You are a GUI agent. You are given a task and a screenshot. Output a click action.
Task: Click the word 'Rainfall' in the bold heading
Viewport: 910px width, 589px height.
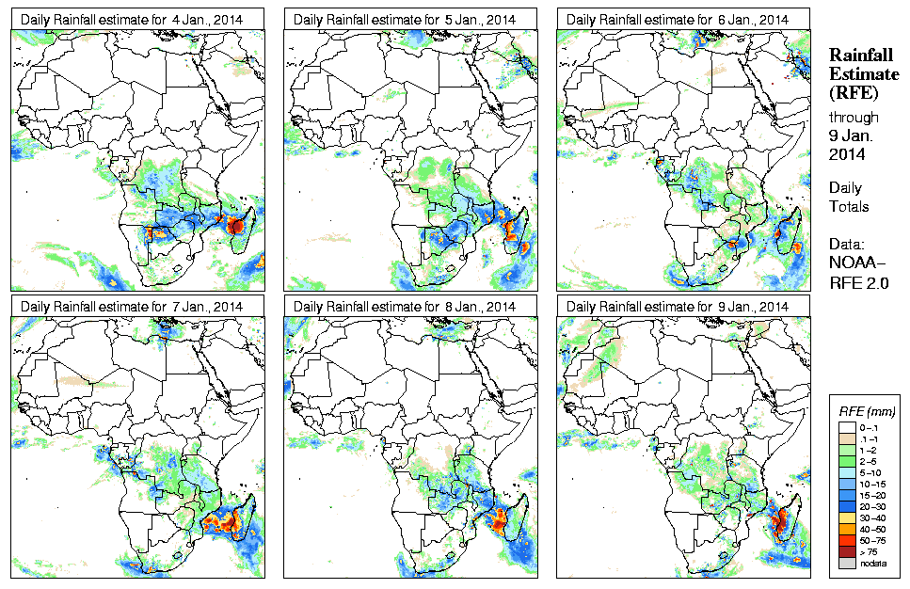pos(861,56)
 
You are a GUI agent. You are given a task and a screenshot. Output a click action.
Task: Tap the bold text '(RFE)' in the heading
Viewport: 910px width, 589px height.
pos(853,93)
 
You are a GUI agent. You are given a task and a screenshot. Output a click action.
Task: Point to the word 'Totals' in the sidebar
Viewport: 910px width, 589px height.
pos(850,206)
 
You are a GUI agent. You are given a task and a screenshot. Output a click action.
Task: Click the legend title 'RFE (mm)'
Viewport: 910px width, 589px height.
pos(867,411)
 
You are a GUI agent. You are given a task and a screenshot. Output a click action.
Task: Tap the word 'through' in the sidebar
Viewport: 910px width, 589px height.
pos(854,118)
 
